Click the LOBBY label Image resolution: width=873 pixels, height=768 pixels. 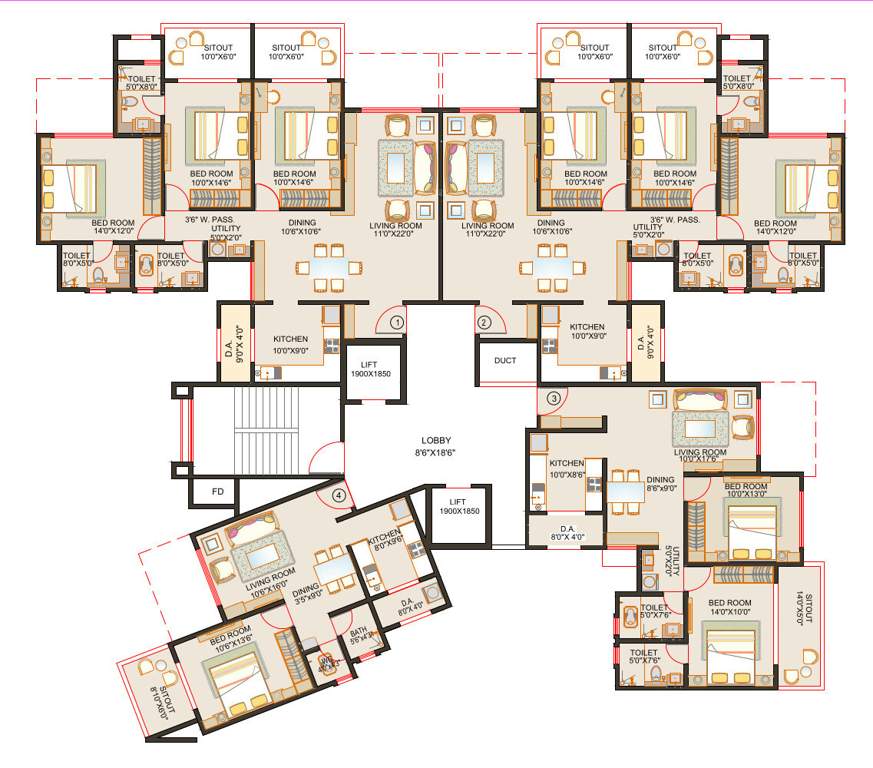tap(436, 446)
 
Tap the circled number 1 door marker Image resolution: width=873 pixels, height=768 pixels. tap(397, 322)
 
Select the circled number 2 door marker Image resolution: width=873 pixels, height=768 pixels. tap(483, 322)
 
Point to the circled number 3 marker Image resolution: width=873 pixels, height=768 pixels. tap(553, 398)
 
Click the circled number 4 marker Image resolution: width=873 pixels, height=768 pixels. tap(339, 494)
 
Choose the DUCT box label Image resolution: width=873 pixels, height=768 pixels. tap(505, 361)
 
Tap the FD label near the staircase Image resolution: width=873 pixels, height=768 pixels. tap(217, 492)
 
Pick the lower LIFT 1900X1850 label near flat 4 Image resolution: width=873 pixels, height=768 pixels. tap(464, 507)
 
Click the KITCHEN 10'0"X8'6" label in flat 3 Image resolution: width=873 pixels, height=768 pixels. tap(566, 468)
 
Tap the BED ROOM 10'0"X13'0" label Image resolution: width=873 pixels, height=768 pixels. tap(745, 490)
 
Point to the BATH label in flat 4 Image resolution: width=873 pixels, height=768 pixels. tap(358, 635)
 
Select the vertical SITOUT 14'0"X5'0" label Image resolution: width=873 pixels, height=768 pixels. tap(808, 608)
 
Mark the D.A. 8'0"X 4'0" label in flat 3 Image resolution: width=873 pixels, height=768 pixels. tap(567, 532)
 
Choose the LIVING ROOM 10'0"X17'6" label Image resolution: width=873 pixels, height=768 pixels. tap(700, 456)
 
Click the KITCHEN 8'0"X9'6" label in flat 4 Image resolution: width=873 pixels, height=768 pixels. tap(385, 541)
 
